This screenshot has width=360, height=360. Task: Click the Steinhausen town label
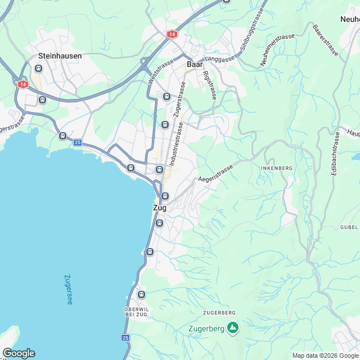pyautogui.click(x=60, y=56)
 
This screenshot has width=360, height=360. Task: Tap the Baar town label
pyautogui.click(x=194, y=65)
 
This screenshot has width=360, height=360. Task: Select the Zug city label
pyautogui.click(x=160, y=208)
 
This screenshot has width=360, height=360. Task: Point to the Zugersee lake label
pyautogui.click(x=68, y=289)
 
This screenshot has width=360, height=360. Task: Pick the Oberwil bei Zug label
pyautogui.click(x=136, y=312)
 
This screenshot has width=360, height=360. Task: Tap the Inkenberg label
pyautogui.click(x=276, y=168)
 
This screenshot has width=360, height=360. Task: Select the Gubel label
pyautogui.click(x=349, y=227)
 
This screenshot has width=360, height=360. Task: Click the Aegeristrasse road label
pyautogui.click(x=215, y=172)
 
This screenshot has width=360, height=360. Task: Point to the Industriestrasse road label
pyautogui.click(x=174, y=141)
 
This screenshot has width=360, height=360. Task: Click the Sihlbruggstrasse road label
pyautogui.click(x=252, y=31)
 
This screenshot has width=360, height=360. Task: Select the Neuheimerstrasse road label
pyautogui.click(x=278, y=51)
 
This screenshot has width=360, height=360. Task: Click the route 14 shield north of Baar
pyautogui.click(x=171, y=34)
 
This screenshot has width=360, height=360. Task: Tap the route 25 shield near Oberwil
pyautogui.click(x=125, y=337)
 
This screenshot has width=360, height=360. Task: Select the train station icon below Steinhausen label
pyautogui.click(x=38, y=69)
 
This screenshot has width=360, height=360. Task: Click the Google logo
pyautogui.click(x=19, y=353)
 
